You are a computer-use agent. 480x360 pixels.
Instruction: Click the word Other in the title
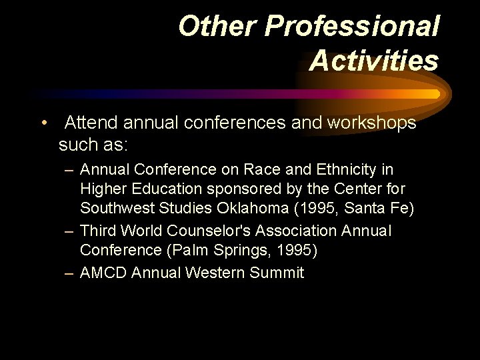(217, 27)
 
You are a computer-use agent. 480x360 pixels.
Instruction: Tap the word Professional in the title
(353, 27)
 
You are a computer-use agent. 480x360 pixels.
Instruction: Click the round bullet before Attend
(44, 123)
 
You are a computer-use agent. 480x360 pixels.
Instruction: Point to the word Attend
(91, 123)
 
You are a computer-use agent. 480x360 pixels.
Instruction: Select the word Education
(160, 190)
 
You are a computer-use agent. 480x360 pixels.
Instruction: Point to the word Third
(97, 231)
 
